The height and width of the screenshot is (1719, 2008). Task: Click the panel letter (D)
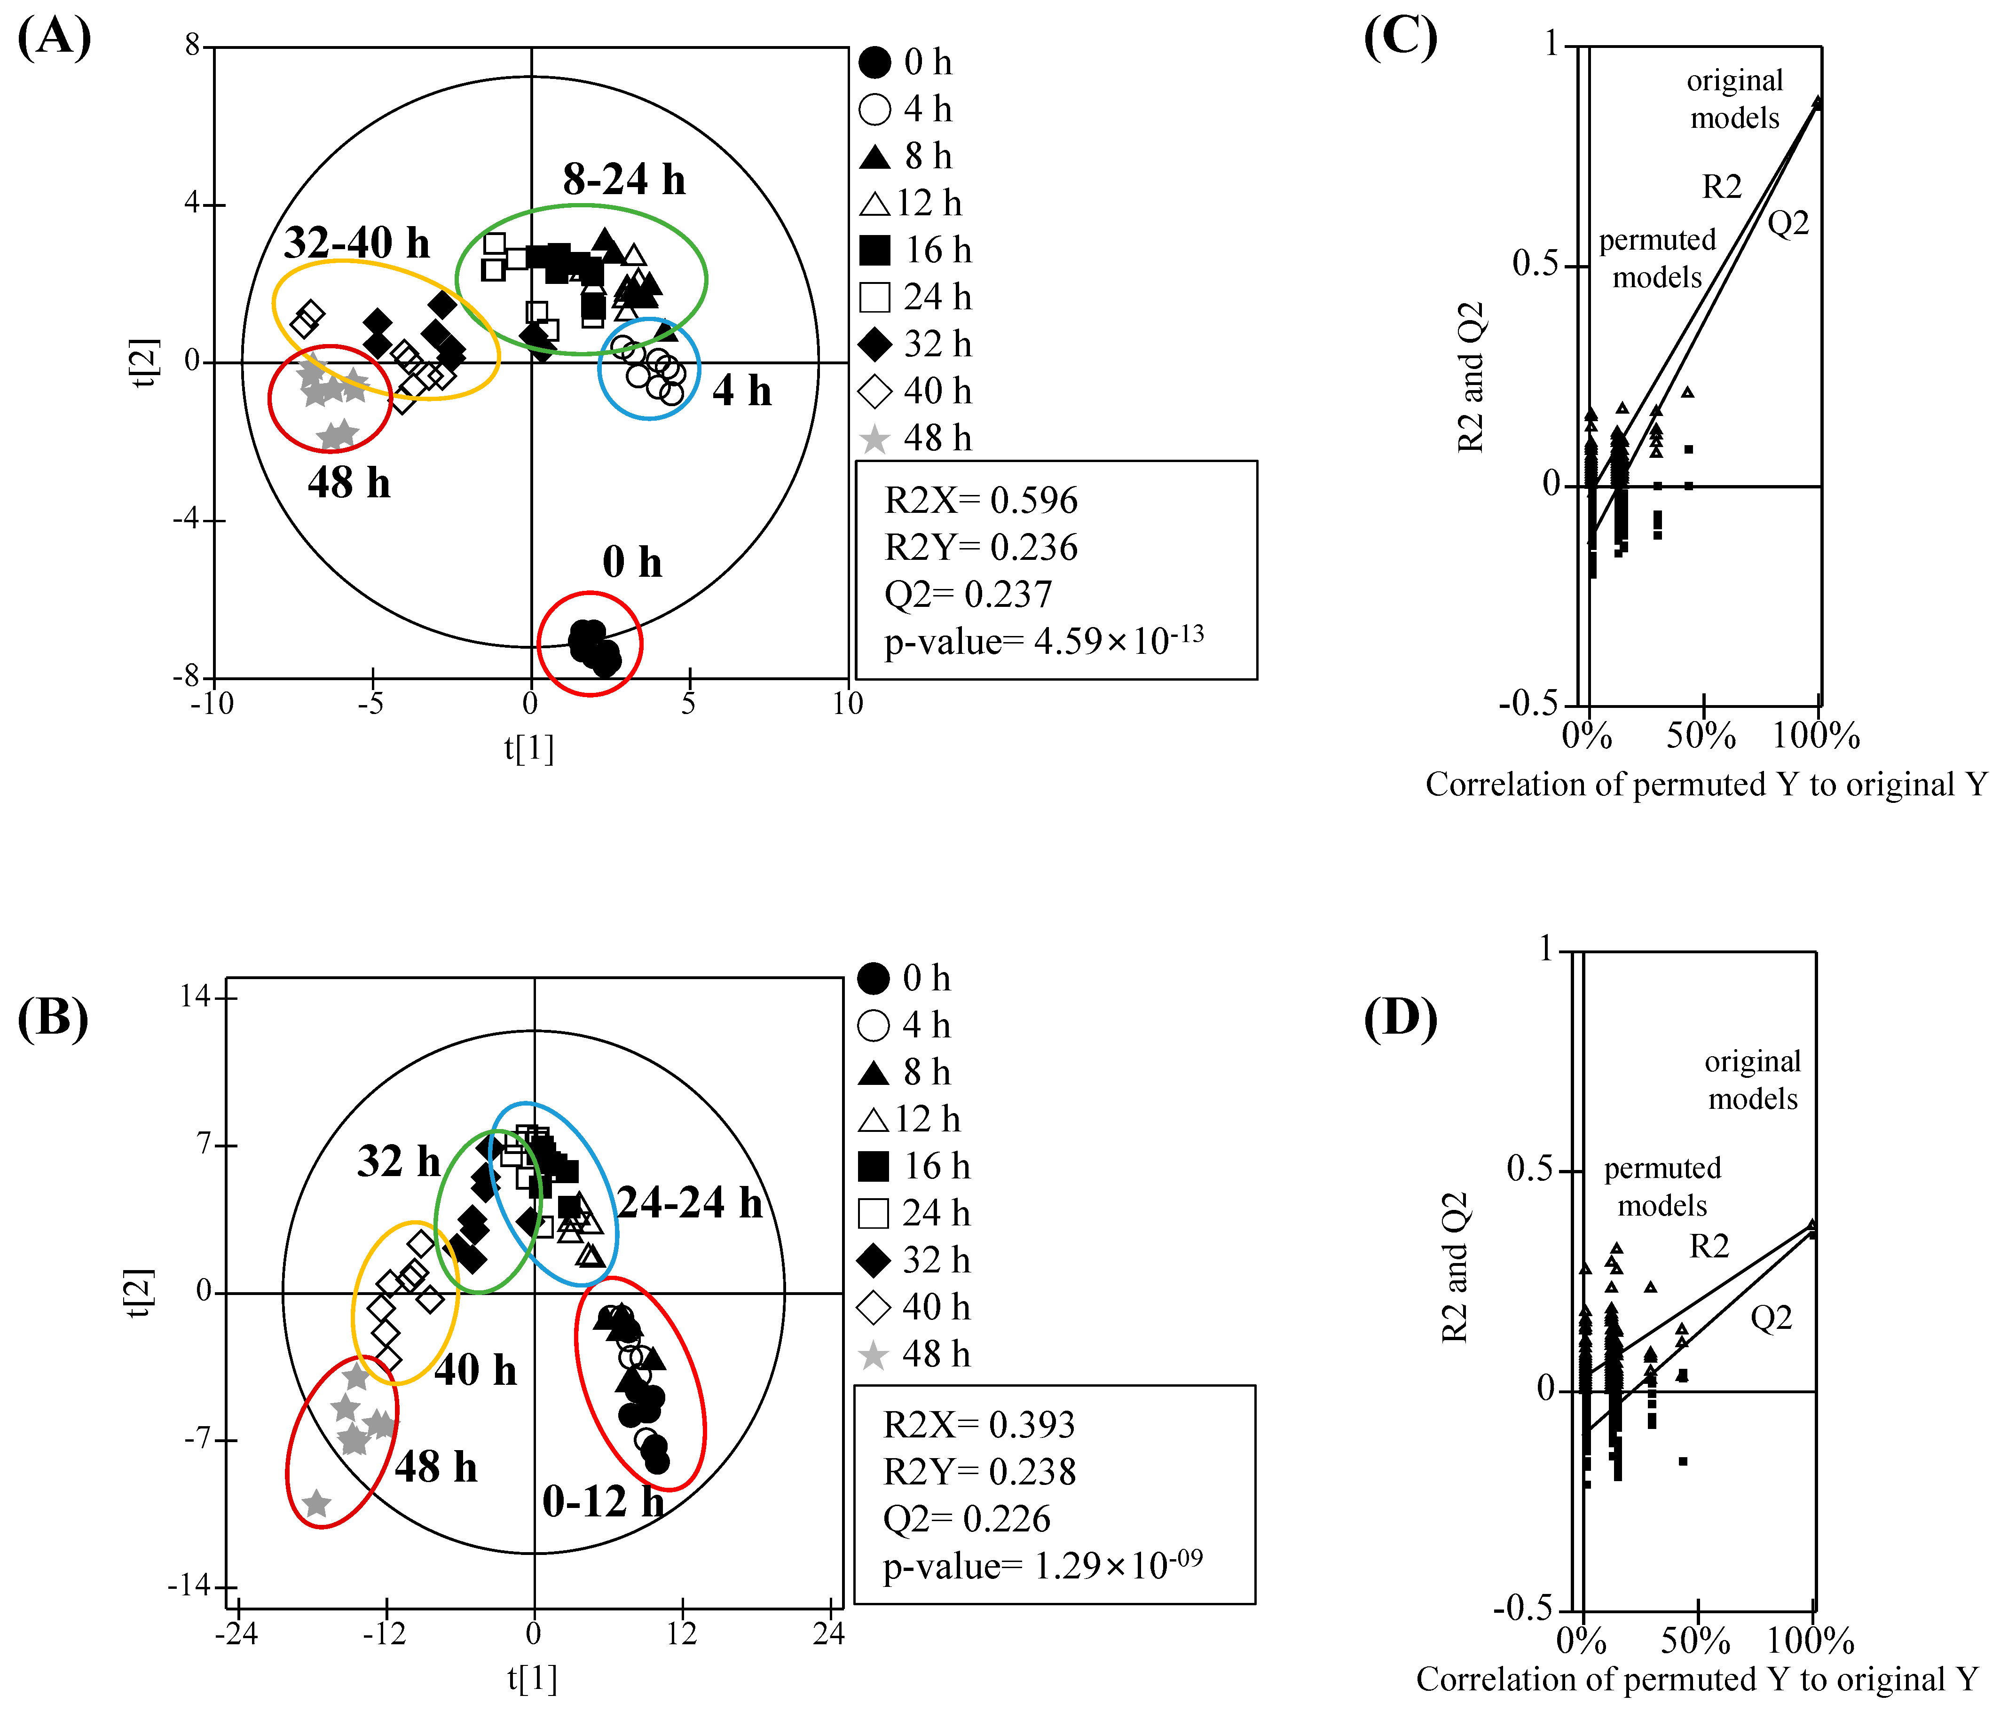[1400, 1018]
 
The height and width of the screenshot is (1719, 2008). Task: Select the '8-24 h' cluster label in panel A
[624, 180]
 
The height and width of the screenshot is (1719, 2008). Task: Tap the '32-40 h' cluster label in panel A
[357, 242]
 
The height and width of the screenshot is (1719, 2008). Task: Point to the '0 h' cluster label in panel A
[632, 562]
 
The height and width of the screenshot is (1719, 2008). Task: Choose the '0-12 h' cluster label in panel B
[603, 1501]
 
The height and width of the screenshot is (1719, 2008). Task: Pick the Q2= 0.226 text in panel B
[966, 1518]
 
